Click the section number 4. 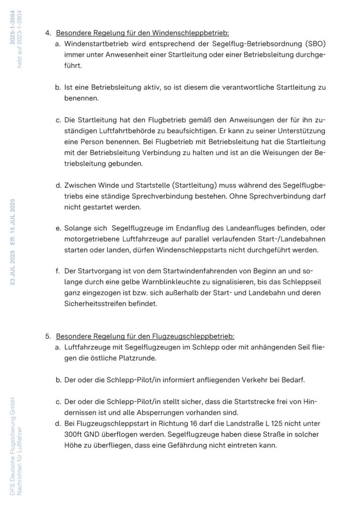point(47,33)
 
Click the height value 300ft point(75,434)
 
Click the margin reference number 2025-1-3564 point(13,28)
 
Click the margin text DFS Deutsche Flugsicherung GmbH point(12,445)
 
